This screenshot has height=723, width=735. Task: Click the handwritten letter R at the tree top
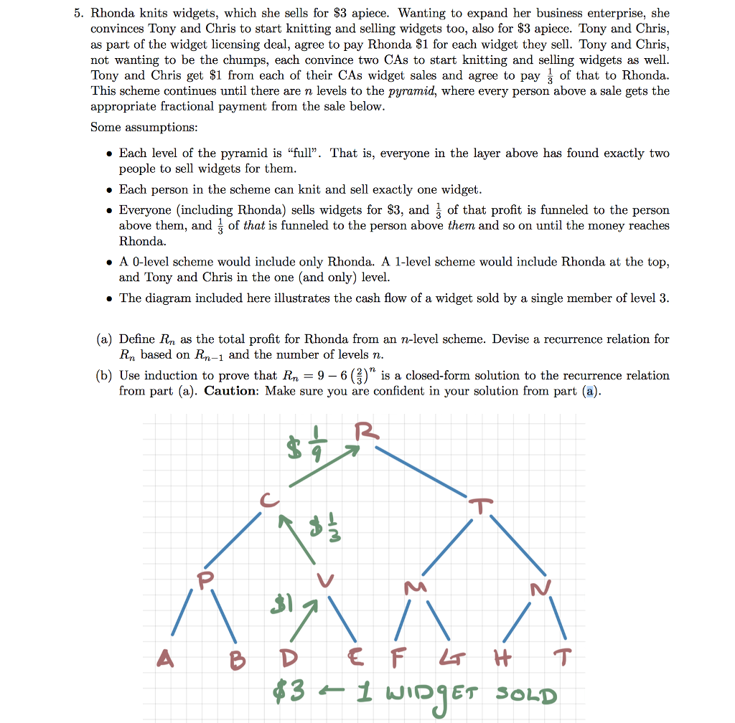click(365, 433)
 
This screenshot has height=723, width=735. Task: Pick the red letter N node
click(539, 590)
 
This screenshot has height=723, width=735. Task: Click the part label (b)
click(106, 376)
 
